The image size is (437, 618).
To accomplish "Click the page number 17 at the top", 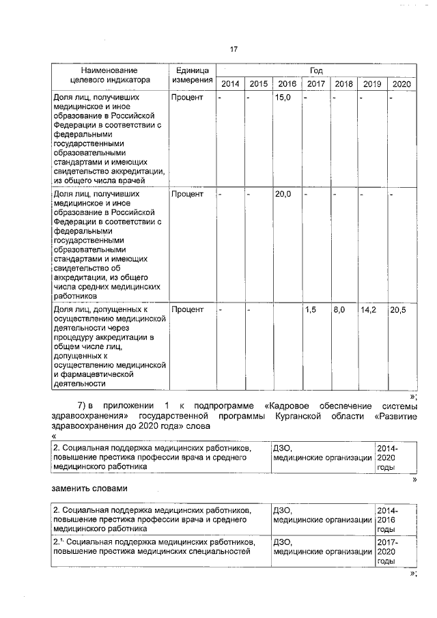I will (x=234, y=49).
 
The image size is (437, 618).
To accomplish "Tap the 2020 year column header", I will (x=401, y=84).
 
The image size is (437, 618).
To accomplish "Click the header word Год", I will (x=315, y=70).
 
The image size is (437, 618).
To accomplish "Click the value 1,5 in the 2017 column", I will (x=311, y=309).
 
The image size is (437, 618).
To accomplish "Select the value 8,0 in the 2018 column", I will (x=339, y=309).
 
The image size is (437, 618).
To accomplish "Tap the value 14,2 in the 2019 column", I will (x=369, y=309).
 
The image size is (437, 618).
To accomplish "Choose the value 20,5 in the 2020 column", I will (x=398, y=309).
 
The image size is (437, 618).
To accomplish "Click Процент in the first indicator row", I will (x=188, y=98).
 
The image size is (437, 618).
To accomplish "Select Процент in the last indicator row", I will (x=188, y=309).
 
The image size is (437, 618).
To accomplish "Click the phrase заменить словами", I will (x=89, y=488).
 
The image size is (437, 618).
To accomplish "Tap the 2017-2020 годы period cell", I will (x=387, y=551).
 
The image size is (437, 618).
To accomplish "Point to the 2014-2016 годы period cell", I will (x=387, y=519).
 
